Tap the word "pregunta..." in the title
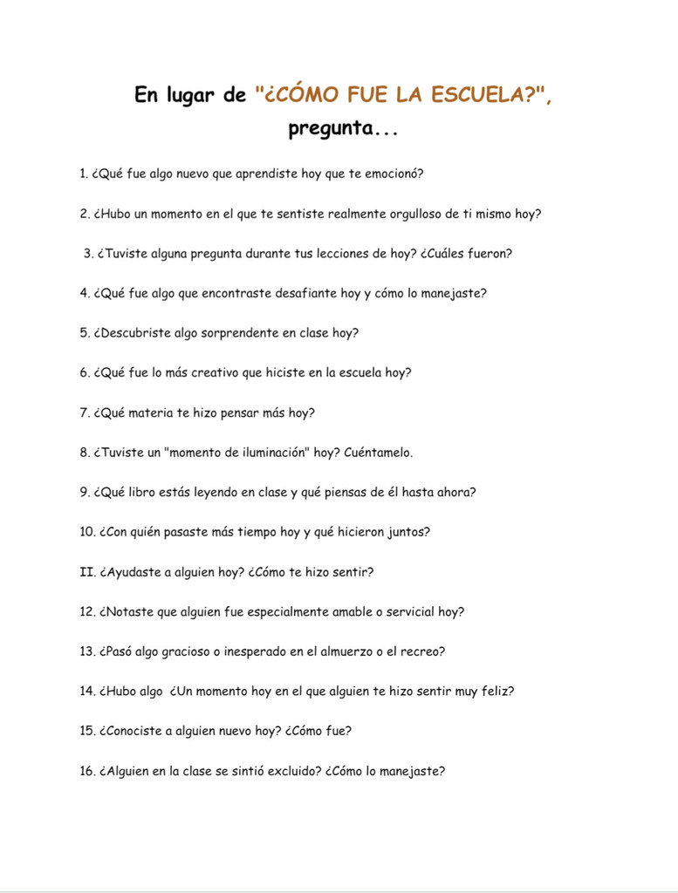(x=343, y=130)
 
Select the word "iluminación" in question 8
(x=264, y=453)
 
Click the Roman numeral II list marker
(x=86, y=572)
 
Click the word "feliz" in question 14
(x=496, y=692)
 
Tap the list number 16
(x=86, y=771)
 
